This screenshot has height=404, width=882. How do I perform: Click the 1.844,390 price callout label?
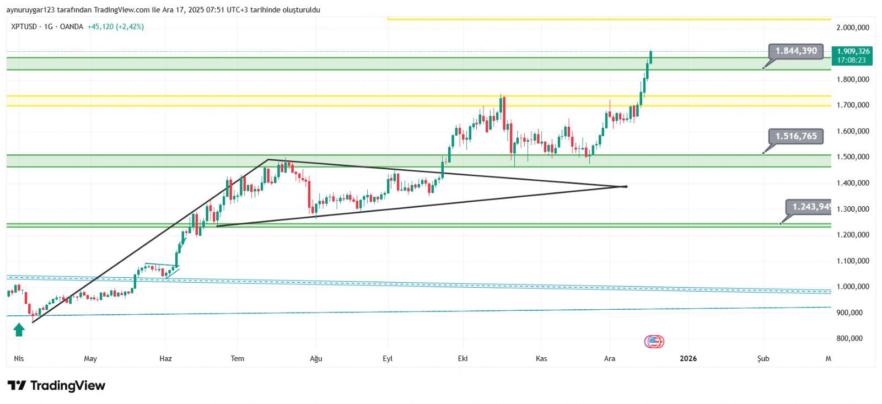[x=796, y=51]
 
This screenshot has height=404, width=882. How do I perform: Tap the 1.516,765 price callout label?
[x=796, y=136]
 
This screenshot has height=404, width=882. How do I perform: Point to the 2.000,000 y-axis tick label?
[x=852, y=28]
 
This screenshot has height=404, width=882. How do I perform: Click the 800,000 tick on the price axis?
[x=849, y=338]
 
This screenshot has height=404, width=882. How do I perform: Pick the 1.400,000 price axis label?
[x=852, y=183]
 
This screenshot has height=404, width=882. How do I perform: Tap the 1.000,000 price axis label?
[x=852, y=287]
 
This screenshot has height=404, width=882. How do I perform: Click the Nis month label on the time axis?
[x=19, y=359]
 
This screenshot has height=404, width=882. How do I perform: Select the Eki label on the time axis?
[x=462, y=359]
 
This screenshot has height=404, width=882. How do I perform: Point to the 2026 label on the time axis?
[x=688, y=359]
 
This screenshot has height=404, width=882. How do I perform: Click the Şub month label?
[x=763, y=359]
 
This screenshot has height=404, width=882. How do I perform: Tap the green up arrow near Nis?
[x=19, y=330]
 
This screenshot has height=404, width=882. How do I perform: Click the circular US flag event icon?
[x=654, y=342]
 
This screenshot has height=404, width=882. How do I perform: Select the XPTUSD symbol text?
[x=24, y=26]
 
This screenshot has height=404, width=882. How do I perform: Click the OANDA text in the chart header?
[x=71, y=26]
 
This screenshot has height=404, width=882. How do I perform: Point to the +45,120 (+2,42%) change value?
[x=116, y=26]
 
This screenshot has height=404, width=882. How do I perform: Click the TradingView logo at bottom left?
[x=56, y=385]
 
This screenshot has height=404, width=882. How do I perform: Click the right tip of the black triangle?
[x=627, y=186]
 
